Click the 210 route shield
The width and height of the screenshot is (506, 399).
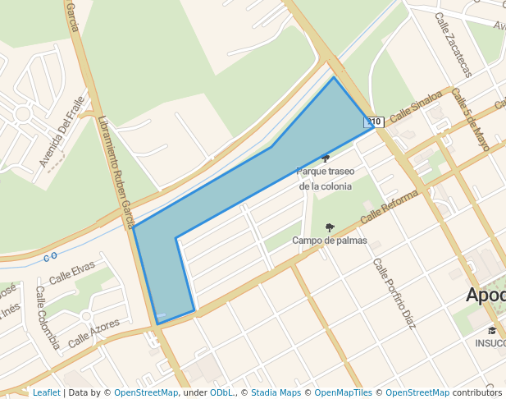(x=374, y=122)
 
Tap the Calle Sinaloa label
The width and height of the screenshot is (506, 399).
(x=415, y=107)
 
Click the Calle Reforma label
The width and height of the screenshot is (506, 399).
(x=389, y=206)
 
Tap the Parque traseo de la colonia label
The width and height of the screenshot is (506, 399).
(x=326, y=179)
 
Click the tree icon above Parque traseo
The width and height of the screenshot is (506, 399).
(x=326, y=158)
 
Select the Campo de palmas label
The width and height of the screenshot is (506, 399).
(x=330, y=241)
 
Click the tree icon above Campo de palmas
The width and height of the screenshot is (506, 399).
(x=330, y=227)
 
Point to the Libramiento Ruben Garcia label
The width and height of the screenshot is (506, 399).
(x=116, y=171)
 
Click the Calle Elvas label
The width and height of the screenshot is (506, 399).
(x=72, y=273)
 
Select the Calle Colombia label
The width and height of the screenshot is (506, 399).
(x=48, y=317)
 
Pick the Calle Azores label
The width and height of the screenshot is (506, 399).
(x=93, y=332)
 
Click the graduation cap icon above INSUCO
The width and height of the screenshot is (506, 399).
(x=492, y=330)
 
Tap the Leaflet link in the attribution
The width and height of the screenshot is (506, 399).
(x=46, y=393)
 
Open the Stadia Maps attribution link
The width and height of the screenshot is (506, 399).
(x=276, y=393)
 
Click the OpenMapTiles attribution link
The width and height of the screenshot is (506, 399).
(x=343, y=393)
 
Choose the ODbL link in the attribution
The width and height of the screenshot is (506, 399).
(x=222, y=393)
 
